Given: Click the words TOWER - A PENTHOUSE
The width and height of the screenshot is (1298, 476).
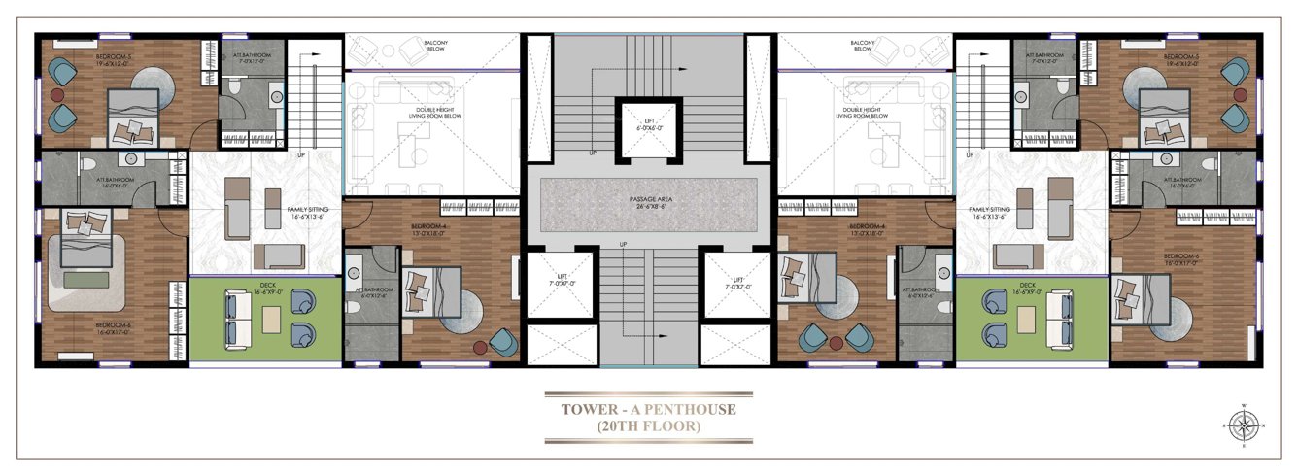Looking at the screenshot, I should [648, 409].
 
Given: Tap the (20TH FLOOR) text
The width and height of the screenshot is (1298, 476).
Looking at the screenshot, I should [648, 425].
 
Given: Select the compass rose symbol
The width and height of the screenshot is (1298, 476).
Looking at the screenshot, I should [1243, 424].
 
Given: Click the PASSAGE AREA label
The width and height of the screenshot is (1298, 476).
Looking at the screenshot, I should [649, 199].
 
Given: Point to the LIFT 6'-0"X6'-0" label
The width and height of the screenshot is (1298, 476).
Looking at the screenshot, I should [648, 123].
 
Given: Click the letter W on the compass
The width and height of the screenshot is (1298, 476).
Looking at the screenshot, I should [1243, 404].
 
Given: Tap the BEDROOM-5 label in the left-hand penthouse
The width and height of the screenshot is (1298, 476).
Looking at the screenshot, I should [115, 57].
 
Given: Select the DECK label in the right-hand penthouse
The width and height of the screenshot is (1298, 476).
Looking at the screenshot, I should [1033, 286].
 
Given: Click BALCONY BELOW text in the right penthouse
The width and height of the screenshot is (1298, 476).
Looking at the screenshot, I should [862, 46].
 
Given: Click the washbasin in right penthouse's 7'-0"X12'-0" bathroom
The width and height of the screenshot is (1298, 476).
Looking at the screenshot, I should [1021, 95].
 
